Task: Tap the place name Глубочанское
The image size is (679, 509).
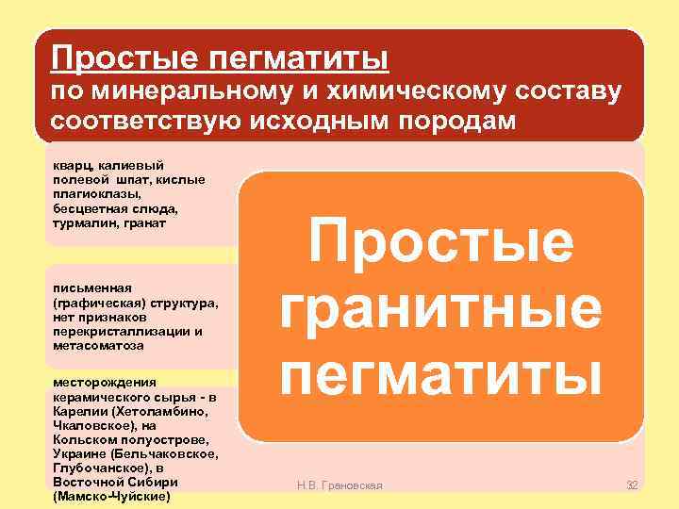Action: (100, 468)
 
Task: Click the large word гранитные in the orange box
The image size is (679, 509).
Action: (440, 310)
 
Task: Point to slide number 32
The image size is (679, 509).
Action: (632, 485)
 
